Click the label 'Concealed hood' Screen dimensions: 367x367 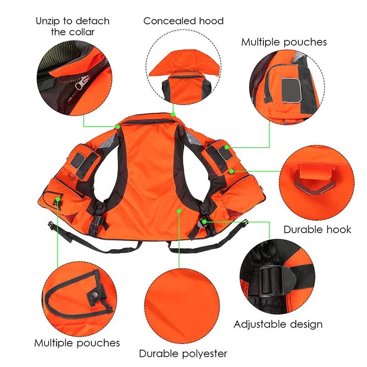(183, 21)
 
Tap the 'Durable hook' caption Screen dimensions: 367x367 (317, 229)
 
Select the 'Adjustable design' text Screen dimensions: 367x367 (278, 324)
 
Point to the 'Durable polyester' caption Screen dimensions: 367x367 (183, 354)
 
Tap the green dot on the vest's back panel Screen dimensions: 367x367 (179, 211)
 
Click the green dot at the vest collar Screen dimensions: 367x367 (173, 113)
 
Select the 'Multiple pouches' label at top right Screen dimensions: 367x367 (284, 42)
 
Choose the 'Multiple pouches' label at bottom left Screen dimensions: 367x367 (77, 343)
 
